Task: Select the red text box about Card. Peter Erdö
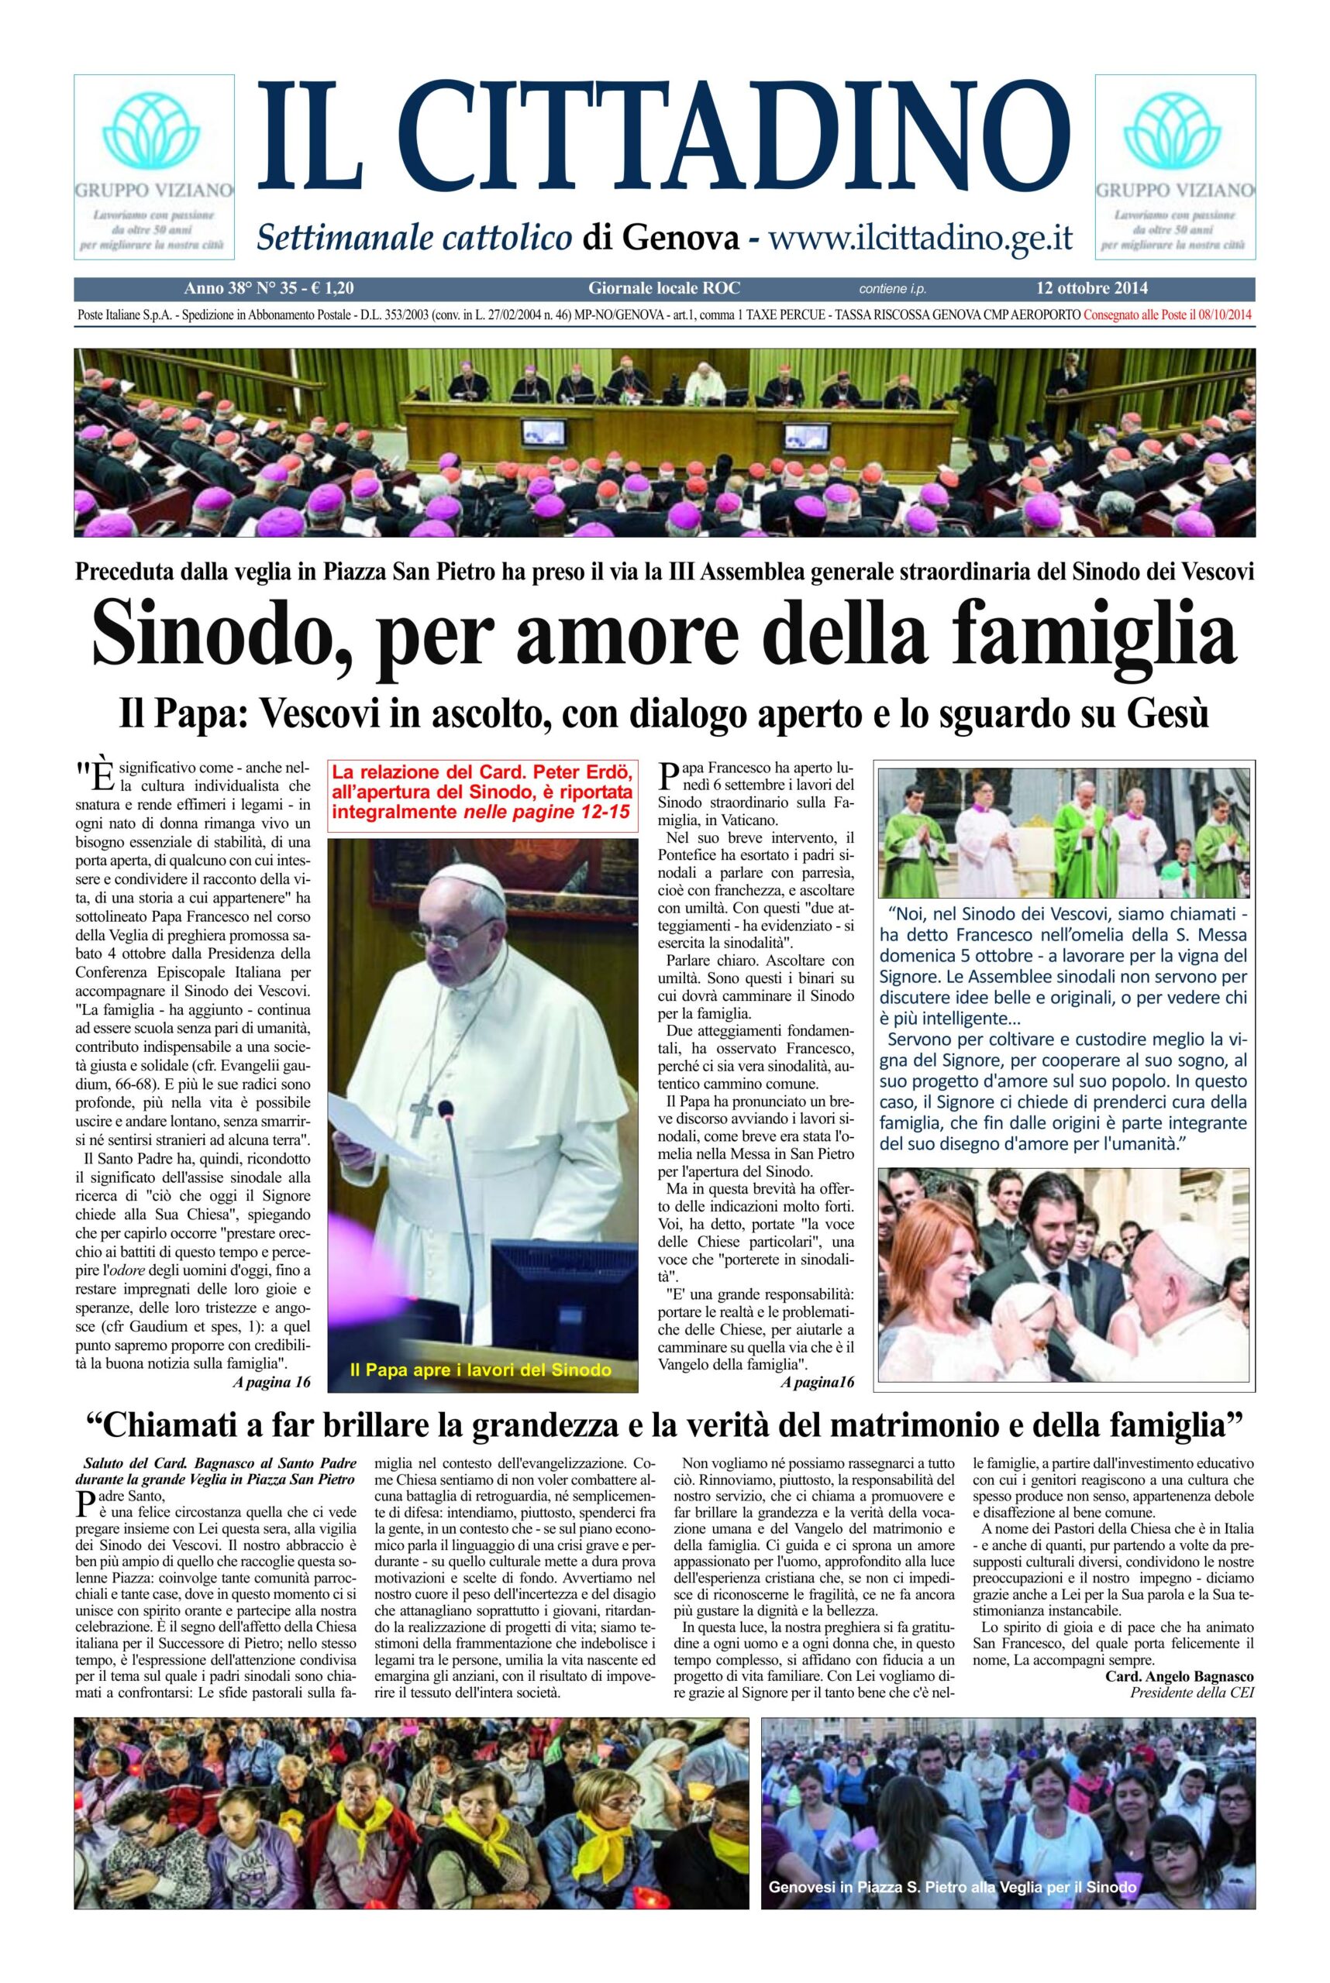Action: [482, 798]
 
